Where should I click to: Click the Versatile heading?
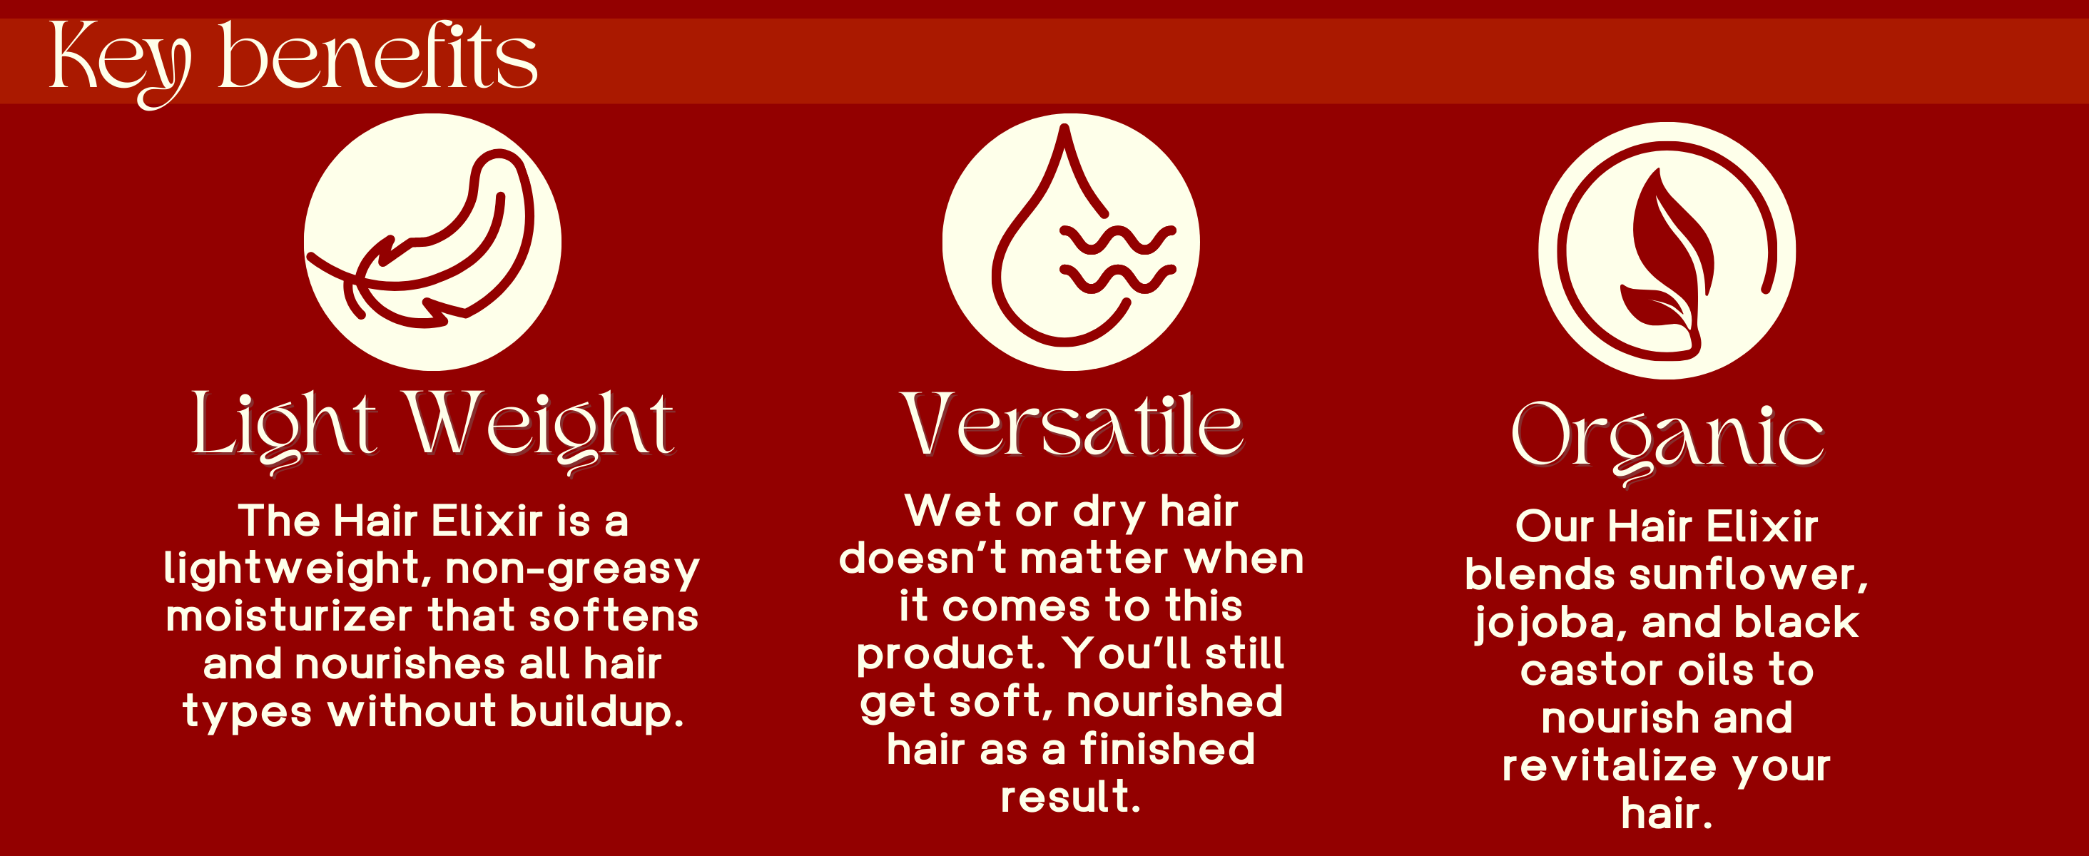click(1072, 426)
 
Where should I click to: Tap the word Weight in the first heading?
click(540, 430)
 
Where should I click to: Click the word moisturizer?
click(290, 616)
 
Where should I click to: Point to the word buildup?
click(597, 713)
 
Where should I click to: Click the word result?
click(1070, 797)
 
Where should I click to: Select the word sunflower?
click(1749, 575)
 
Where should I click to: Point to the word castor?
click(1591, 671)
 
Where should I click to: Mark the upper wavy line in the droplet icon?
click(1119, 238)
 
